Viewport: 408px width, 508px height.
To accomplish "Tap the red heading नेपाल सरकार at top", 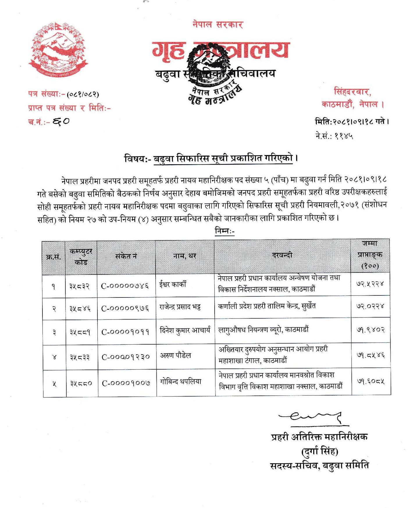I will tap(218, 25).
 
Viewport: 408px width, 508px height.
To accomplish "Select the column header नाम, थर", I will tap(185, 256).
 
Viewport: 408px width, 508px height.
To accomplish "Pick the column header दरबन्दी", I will tap(282, 255).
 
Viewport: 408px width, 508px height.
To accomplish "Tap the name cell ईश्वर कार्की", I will tap(173, 284).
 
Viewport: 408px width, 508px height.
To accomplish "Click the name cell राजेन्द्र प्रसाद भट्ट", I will tap(180, 307).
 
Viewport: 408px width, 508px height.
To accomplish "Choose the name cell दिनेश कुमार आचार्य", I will tap(185, 330).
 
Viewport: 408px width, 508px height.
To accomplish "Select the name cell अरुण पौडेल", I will tap(176, 355).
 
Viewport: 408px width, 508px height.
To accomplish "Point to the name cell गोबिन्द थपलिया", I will tap(181, 382).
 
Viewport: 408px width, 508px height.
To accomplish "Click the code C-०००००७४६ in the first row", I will tap(125, 286).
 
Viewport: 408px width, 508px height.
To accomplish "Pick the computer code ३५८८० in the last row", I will tap(81, 383).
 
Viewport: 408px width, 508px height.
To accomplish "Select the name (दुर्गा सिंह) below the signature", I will tap(320, 451).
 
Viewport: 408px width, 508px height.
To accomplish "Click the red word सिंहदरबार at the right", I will tap(352, 92).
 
